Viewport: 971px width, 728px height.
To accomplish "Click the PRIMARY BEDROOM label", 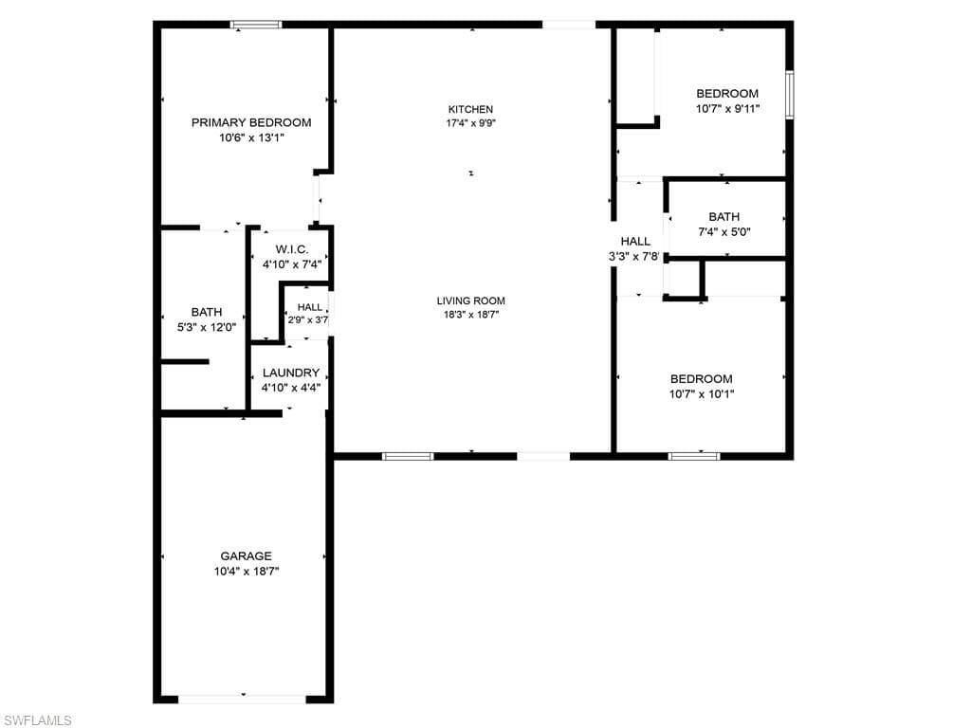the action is (x=250, y=122).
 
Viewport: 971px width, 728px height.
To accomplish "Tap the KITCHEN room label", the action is (x=470, y=110).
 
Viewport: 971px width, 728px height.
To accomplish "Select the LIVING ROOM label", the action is (x=470, y=300).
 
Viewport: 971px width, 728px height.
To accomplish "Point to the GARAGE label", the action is (x=246, y=555).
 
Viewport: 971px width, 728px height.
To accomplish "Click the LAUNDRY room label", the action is (x=291, y=373).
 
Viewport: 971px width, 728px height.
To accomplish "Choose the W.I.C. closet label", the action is (x=292, y=249).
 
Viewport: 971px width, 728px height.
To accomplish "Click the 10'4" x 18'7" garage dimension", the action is (x=247, y=572).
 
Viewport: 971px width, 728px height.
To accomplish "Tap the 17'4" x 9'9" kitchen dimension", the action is (x=470, y=122).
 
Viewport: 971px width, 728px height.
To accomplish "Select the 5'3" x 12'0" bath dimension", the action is (x=207, y=327).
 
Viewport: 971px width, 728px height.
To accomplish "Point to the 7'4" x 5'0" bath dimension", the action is (x=724, y=232).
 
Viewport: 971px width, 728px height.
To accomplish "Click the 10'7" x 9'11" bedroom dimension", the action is (x=727, y=108).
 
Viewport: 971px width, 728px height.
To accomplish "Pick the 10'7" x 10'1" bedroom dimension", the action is (x=702, y=393).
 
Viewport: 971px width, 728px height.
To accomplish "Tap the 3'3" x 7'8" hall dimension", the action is (x=634, y=256).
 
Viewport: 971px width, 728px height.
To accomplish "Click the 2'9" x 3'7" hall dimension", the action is (x=308, y=320).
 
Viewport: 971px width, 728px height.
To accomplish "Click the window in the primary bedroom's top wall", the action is (x=256, y=25).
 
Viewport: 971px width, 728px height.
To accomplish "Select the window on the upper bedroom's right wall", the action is (x=790, y=95).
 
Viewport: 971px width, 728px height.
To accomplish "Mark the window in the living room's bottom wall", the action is (x=408, y=456).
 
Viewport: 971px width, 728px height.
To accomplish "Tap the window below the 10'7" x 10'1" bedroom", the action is (x=694, y=456).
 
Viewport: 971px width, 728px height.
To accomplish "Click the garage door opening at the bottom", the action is (x=243, y=699).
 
